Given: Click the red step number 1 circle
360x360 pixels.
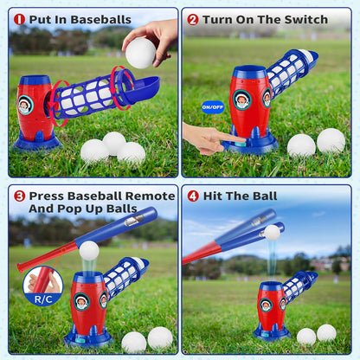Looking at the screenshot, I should pyautogui.click(x=19, y=19).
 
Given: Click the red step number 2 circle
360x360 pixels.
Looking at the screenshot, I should pyautogui.click(x=193, y=19).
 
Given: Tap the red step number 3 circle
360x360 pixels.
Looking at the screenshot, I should pyautogui.click(x=19, y=196).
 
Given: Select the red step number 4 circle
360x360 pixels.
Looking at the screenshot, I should pyautogui.click(x=193, y=196).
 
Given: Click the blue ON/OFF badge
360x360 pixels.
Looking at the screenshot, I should pyautogui.click(x=212, y=107).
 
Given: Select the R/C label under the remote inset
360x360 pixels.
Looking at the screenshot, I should pyautogui.click(x=42, y=299).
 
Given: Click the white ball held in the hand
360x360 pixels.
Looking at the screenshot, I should pyautogui.click(x=140, y=53).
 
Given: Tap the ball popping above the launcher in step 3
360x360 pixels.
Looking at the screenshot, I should pyautogui.click(x=88, y=251).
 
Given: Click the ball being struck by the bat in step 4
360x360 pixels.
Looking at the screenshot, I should pyautogui.click(x=272, y=233).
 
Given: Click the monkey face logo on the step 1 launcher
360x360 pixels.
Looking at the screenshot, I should pyautogui.click(x=26, y=105).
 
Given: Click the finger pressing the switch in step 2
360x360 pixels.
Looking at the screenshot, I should pyautogui.click(x=227, y=137).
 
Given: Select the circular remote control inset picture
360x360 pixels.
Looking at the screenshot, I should pyautogui.click(x=42, y=281).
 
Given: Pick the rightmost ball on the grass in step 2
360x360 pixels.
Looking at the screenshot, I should pyautogui.click(x=331, y=140).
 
